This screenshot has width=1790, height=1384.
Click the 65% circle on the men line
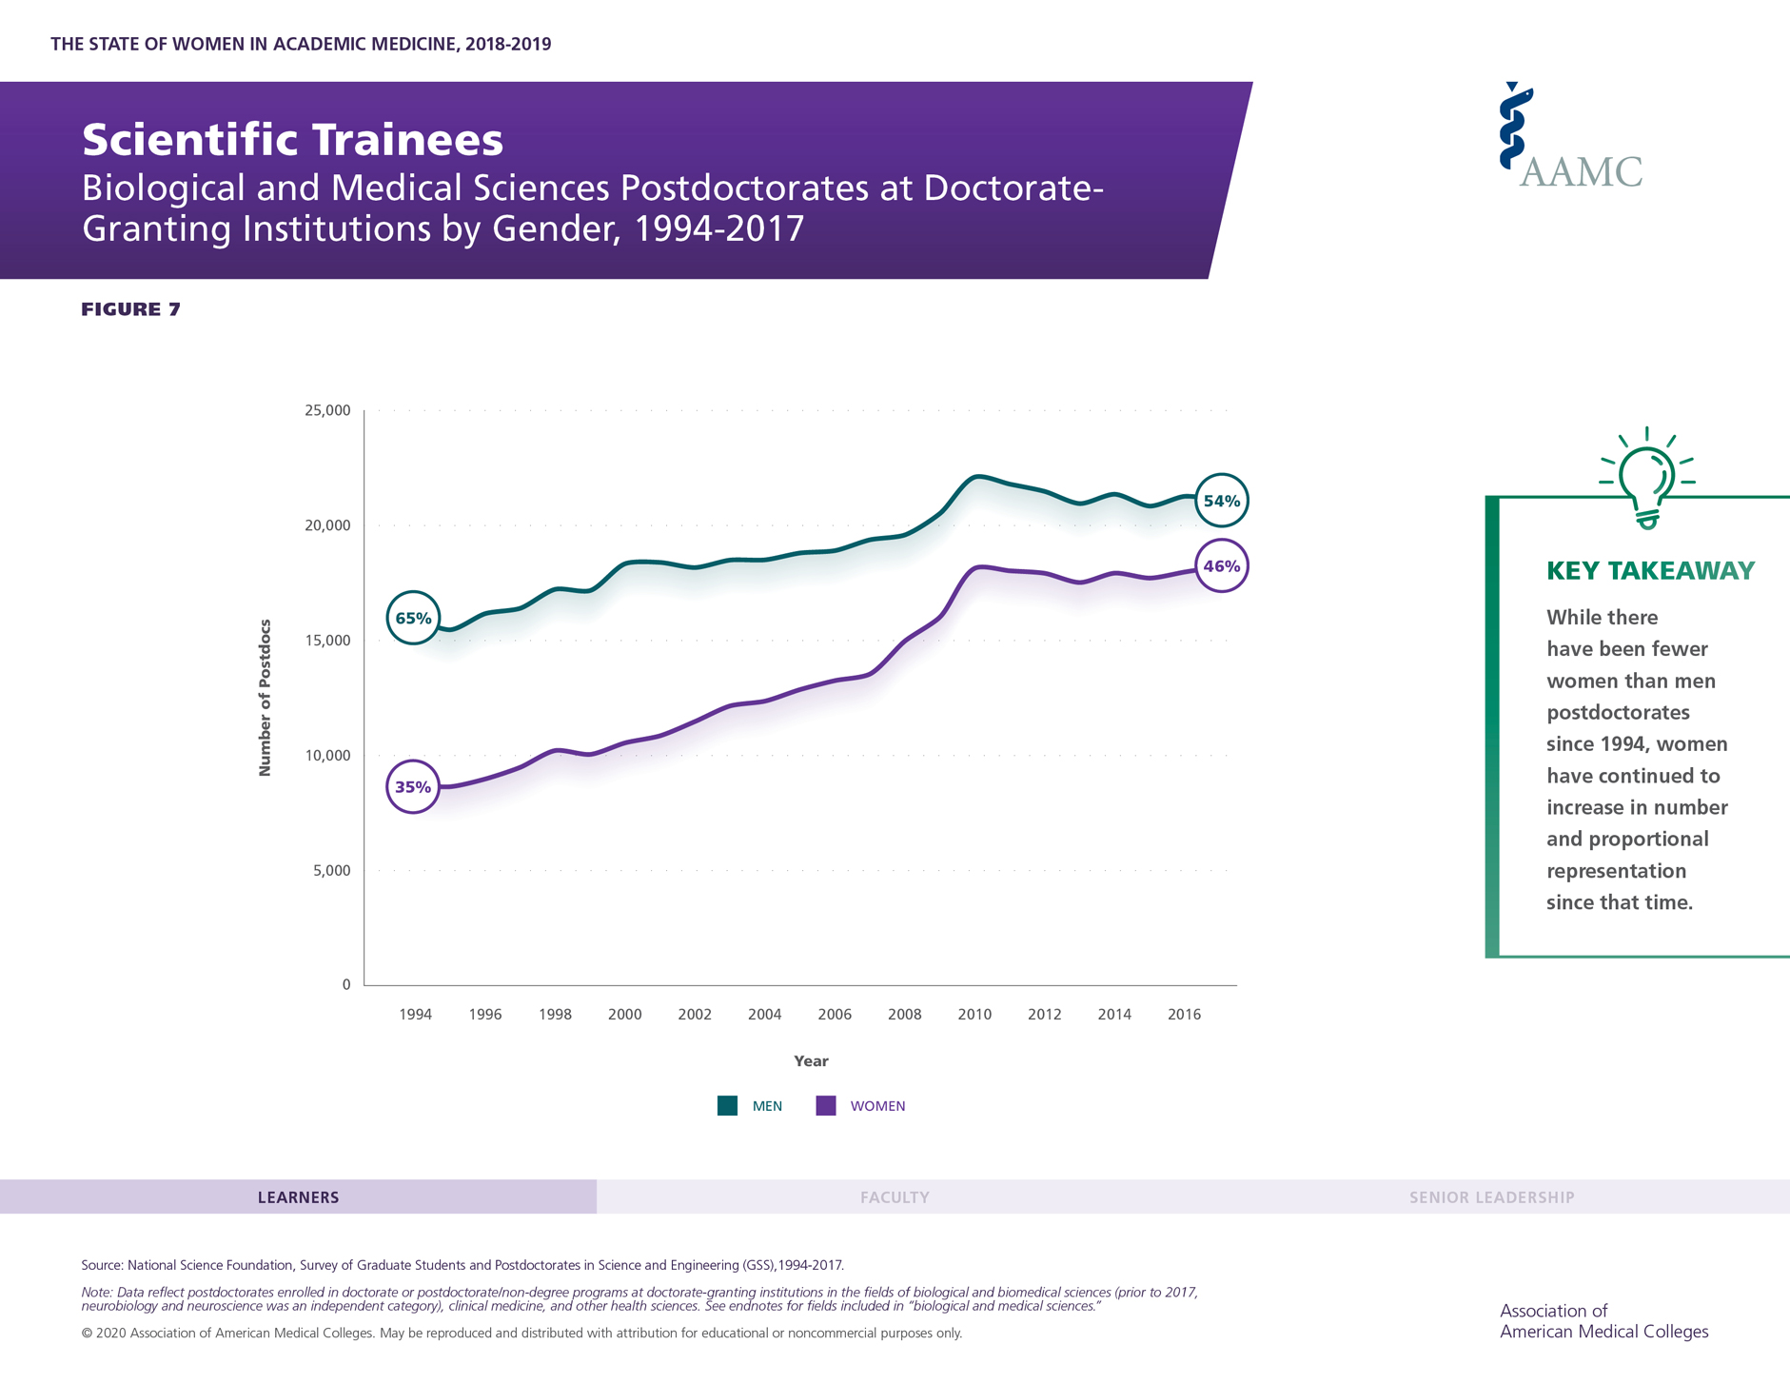coord(413,618)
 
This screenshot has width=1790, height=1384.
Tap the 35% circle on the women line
coord(413,786)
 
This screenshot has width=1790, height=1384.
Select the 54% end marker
coord(1221,501)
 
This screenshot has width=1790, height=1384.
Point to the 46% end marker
coord(1221,566)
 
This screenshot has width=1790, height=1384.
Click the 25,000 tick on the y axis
coord(327,411)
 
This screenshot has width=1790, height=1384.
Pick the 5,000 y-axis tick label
coord(331,870)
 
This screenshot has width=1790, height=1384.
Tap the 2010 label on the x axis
coord(974,1015)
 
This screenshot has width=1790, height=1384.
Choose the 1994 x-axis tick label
coord(415,1015)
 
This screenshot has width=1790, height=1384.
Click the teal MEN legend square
coord(728,1105)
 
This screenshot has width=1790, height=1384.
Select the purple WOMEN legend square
coord(826,1105)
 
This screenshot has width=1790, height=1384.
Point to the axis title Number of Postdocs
coord(266,698)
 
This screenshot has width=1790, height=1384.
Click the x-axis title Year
coord(811,1060)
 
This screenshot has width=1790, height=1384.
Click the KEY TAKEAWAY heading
coord(1650,571)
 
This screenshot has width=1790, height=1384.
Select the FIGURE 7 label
coord(130,309)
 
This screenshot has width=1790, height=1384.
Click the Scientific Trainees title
coord(292,140)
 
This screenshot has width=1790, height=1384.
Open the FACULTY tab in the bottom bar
coord(895,1197)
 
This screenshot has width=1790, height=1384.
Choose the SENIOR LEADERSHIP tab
coord(1491,1197)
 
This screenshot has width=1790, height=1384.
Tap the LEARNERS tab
coord(298,1197)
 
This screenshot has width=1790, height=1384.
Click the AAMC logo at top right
coord(1570,138)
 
